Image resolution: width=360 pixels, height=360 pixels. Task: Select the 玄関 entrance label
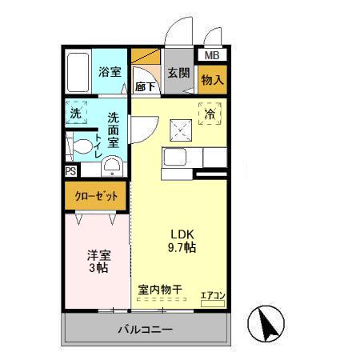(x=178, y=73)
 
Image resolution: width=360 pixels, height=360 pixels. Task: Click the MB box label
(x=211, y=56)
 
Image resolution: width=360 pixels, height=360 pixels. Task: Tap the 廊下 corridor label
(x=146, y=86)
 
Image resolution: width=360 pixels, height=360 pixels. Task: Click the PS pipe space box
(x=70, y=171)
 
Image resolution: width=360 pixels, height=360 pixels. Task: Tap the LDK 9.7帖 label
(x=182, y=241)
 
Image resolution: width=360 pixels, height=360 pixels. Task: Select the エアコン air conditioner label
(x=212, y=295)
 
